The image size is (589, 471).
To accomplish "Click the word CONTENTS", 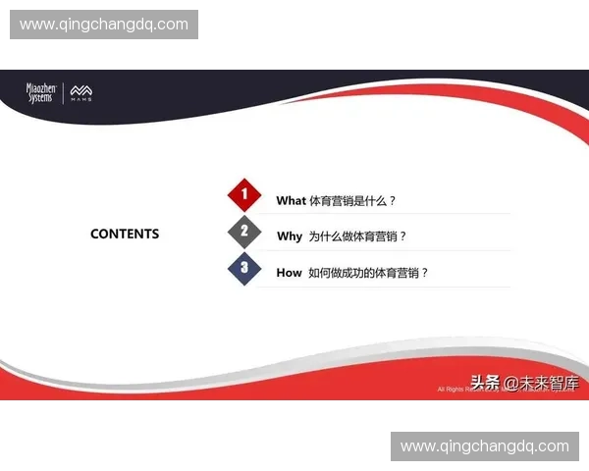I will (x=125, y=235).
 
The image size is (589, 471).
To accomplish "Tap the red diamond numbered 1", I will (x=244, y=194).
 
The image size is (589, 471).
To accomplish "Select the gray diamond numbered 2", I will (x=244, y=232).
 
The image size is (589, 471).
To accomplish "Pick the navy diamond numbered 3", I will (x=244, y=268).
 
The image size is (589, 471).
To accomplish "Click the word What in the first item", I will (x=292, y=200).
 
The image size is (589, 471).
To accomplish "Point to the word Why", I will (x=290, y=236).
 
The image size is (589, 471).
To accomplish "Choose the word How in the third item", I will (x=289, y=273).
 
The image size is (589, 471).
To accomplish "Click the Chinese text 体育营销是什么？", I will (x=352, y=200).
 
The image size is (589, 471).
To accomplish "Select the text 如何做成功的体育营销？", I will (x=369, y=273).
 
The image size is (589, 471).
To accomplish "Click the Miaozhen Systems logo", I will (x=42, y=93).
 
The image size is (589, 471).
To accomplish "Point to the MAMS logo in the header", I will (x=81, y=94).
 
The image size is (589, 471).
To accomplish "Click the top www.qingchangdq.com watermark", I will (x=104, y=25).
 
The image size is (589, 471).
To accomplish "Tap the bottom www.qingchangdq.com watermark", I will (x=485, y=446).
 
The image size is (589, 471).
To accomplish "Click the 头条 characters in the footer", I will (x=485, y=383).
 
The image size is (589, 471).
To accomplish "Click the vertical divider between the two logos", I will (x=64, y=94).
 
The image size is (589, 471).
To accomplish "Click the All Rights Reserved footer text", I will (x=454, y=390).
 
